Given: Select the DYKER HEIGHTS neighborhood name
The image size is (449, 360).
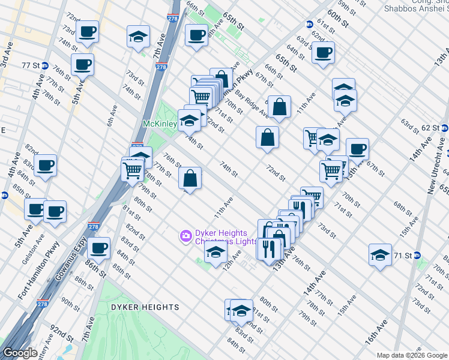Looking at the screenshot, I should (x=145, y=307).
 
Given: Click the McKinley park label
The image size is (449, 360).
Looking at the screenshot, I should (x=158, y=124).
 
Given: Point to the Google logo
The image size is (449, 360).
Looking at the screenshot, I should (x=20, y=353).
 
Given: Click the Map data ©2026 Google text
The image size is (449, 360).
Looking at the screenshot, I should (x=412, y=355).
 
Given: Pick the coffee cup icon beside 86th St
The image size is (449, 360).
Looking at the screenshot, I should (x=99, y=248).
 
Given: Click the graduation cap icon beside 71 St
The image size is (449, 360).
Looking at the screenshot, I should (x=379, y=254).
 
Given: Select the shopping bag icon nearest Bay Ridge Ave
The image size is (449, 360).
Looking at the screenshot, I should (x=279, y=107).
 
